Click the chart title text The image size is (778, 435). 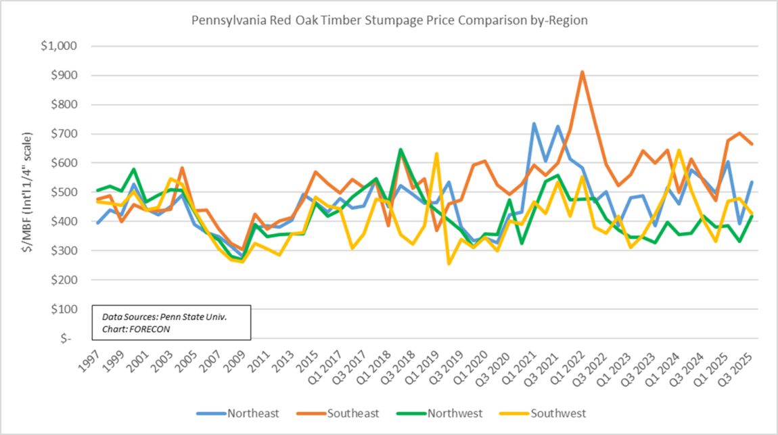[x=389, y=20]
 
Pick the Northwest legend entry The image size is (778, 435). [x=460, y=413]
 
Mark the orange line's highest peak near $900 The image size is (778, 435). [x=582, y=72]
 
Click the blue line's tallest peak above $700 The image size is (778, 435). [x=534, y=124]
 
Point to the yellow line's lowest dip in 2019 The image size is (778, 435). [x=449, y=263]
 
